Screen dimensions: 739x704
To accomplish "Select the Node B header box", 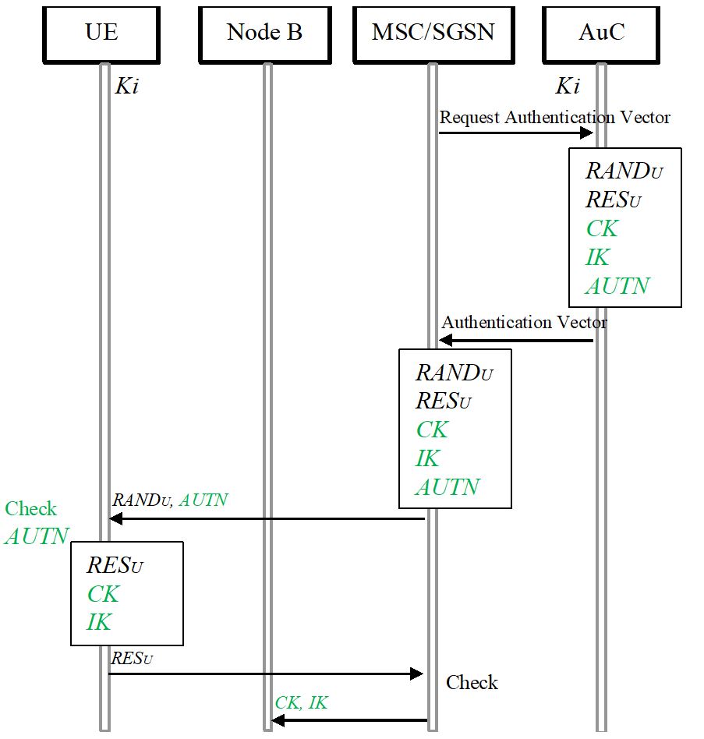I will [x=264, y=33].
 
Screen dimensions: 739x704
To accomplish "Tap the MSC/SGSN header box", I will [x=433, y=33].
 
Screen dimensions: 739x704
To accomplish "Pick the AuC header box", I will [x=601, y=33].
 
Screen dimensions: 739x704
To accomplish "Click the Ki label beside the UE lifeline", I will [x=126, y=87].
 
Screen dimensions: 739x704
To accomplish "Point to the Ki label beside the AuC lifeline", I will [x=567, y=87].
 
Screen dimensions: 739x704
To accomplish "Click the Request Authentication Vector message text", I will [x=554, y=118].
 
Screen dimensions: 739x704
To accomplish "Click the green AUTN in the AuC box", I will [x=617, y=286].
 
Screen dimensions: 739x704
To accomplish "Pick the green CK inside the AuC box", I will [x=601, y=228].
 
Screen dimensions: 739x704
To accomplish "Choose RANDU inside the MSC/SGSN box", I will [x=454, y=373].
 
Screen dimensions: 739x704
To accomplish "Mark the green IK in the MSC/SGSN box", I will [x=427, y=458].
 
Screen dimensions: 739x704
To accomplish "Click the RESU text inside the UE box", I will [x=115, y=565].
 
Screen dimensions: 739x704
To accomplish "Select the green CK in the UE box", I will [x=103, y=594].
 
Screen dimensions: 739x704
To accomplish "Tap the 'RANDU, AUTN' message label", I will [x=170, y=500].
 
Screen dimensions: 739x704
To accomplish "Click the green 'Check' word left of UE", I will [x=31, y=509].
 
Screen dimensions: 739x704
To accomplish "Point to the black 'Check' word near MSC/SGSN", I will [x=472, y=683].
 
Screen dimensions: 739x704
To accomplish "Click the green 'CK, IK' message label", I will [x=301, y=703].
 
